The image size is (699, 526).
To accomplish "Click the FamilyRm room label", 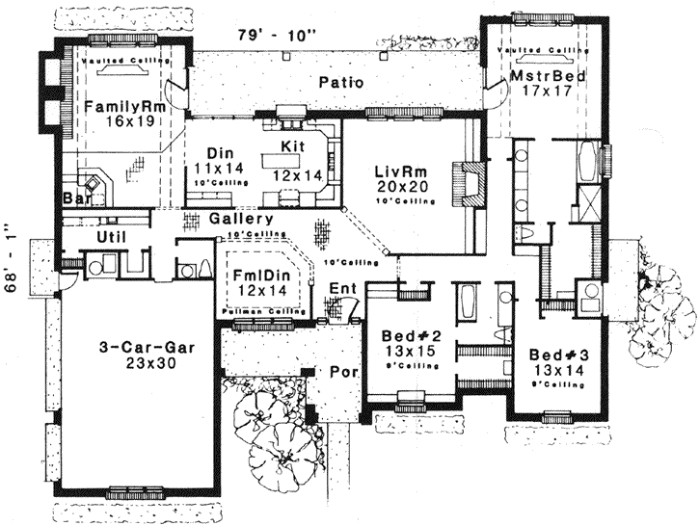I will click(122, 106).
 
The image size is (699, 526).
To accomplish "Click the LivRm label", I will click(397, 171).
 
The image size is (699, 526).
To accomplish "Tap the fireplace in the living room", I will click(470, 180).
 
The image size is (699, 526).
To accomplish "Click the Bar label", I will click(75, 199).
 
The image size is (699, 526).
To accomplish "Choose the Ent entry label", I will click(342, 288).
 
